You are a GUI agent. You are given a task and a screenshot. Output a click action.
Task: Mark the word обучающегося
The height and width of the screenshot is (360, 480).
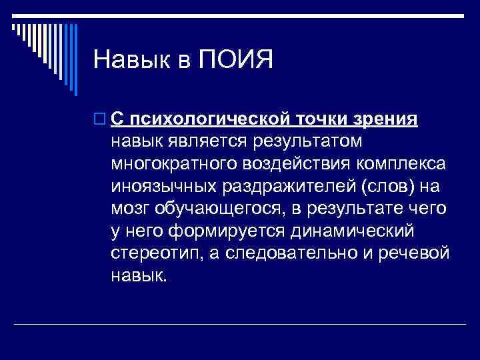tap(221, 209)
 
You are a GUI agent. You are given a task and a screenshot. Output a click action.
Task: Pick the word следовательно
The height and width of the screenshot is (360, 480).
tap(293, 254)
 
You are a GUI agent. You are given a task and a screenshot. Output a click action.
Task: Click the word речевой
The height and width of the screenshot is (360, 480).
tap(418, 254)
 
